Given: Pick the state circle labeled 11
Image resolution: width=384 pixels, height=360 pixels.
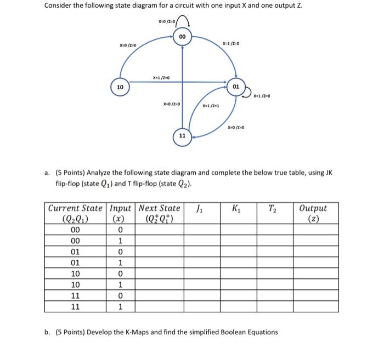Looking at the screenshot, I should click(x=183, y=135).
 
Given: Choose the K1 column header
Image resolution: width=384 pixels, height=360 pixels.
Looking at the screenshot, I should click(x=236, y=208).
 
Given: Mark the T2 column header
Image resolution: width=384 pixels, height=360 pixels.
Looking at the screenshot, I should click(x=273, y=208).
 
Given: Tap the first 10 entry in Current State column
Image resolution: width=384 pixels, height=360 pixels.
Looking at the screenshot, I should click(x=76, y=273).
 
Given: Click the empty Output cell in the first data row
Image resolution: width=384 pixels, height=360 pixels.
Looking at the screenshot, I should click(x=313, y=230).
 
